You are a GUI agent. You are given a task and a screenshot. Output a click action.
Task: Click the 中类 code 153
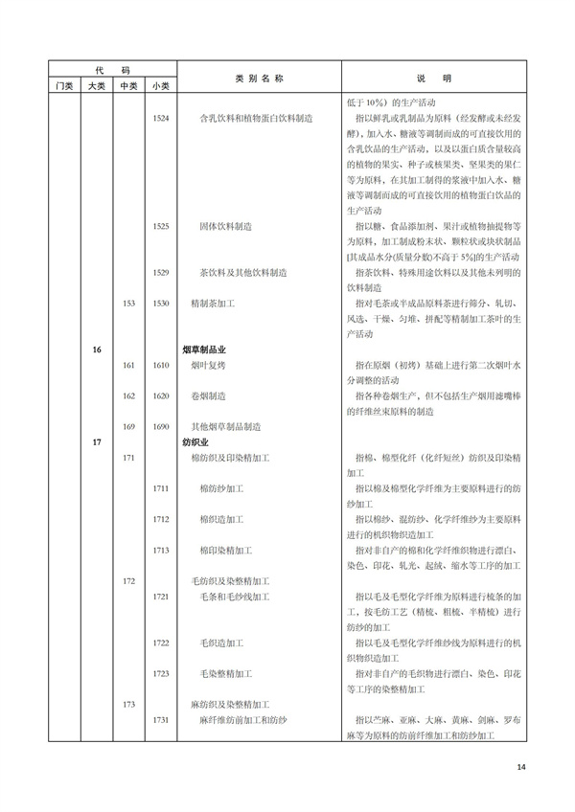click(128, 303)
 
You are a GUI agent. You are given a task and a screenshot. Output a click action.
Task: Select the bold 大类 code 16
click(97, 350)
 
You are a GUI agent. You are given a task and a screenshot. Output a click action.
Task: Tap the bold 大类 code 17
click(97, 442)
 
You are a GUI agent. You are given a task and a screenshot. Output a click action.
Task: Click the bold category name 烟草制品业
click(205, 350)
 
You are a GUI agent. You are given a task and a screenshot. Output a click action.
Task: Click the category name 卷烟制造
click(207, 395)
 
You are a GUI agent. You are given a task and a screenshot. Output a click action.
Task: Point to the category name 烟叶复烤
click(207, 365)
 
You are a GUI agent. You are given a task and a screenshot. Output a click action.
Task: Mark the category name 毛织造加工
click(221, 643)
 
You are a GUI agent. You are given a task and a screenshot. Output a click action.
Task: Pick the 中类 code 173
click(128, 704)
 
